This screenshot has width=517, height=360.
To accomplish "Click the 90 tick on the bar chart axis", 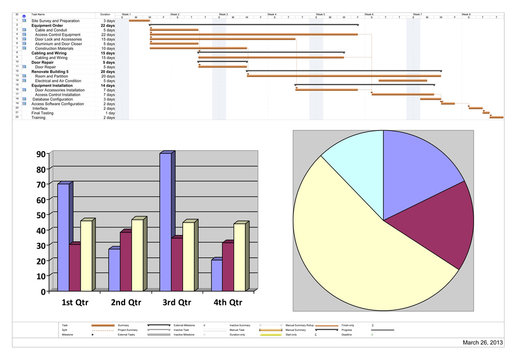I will (40, 155).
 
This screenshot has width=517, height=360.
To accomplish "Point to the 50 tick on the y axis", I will (40, 213).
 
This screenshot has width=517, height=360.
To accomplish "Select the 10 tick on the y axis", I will (40, 272).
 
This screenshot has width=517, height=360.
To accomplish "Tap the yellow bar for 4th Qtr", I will (240, 255).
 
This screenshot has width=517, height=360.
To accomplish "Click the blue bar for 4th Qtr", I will (217, 274).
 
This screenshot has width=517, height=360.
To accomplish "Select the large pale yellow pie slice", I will (360, 240).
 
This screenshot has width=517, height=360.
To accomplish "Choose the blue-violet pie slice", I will (420, 170).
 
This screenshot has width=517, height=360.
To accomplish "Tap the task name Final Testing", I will (44, 113).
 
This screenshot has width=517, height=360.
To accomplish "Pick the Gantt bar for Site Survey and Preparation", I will (139, 20).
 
